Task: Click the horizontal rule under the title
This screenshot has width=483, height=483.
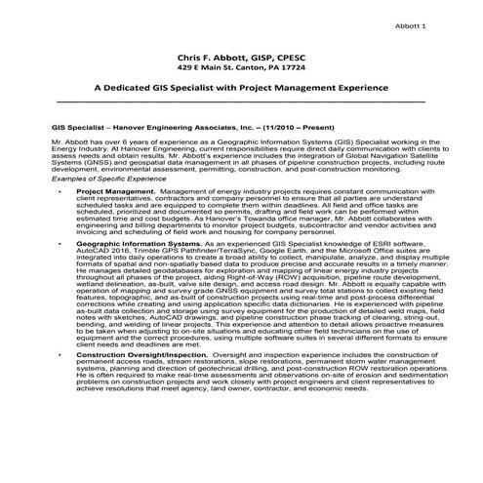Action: coord(241,101)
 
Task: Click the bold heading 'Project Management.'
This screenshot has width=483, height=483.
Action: coord(110,193)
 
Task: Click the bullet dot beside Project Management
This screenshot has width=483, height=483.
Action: coord(60,193)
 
